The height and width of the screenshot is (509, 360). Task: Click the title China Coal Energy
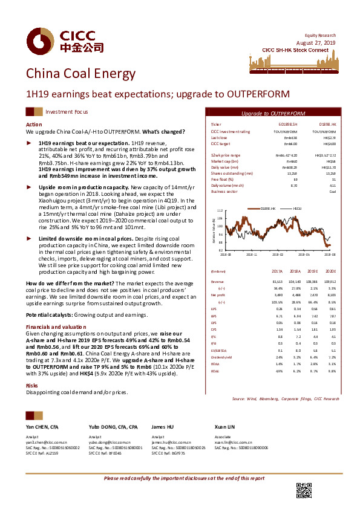pos(80,74)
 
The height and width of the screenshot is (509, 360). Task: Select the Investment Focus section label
pos(67,112)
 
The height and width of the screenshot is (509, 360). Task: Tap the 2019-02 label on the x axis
pos(278,256)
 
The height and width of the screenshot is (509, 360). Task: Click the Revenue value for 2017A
pos(278,282)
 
